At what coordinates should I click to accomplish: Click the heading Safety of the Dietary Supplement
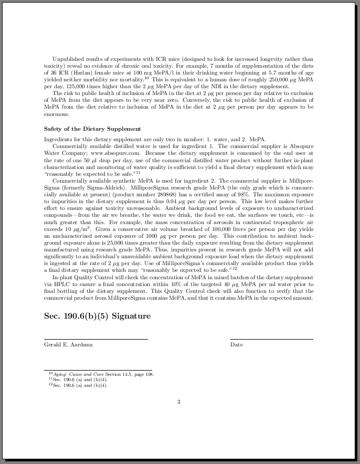(92, 129)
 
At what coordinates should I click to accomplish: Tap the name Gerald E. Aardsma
(68, 345)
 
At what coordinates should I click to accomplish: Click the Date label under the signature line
(236, 345)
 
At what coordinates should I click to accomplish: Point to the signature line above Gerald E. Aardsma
(96, 339)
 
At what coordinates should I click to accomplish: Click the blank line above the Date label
(271, 339)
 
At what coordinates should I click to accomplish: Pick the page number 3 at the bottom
(178, 402)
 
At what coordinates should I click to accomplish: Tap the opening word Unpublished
(68, 59)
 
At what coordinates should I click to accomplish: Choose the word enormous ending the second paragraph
(57, 114)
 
